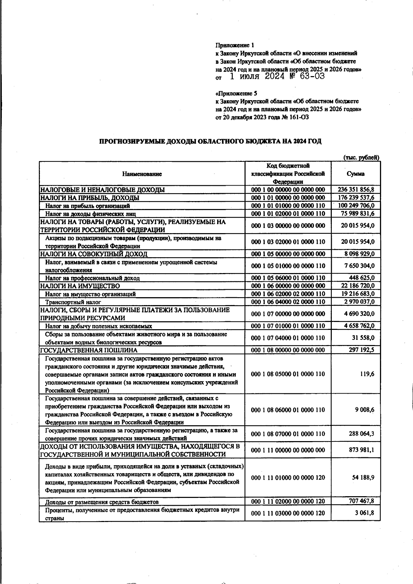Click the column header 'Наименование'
(142, 174)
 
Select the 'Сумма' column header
(356, 174)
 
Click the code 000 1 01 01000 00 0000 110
(288, 206)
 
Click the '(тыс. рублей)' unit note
(361, 158)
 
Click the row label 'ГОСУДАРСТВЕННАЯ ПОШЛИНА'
(89, 350)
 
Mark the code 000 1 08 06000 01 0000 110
(288, 410)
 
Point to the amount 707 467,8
(360, 501)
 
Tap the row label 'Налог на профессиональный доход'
(92, 278)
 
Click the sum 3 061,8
(365, 513)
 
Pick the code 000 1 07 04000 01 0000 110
(288, 338)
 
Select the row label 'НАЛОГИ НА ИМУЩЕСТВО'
(80, 286)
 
